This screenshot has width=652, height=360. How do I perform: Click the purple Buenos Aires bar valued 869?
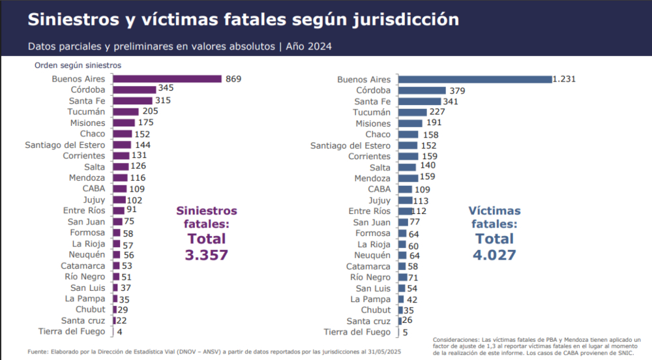167,79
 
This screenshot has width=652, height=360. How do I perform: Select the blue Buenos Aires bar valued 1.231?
475,80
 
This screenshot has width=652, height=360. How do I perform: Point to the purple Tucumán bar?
125,112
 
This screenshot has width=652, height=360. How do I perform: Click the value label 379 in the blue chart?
457,91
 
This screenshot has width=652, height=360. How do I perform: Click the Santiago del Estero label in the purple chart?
65,145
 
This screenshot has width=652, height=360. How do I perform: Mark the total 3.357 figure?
207,254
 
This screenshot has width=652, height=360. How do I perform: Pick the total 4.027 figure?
494,254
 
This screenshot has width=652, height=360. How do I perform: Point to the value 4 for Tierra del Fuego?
119,332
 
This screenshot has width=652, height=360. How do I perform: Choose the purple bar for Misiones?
123,123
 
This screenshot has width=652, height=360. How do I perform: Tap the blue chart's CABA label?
379,189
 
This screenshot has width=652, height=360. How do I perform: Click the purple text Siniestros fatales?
207,217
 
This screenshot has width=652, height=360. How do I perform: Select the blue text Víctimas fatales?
495,217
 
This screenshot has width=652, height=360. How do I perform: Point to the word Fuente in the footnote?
38,352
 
